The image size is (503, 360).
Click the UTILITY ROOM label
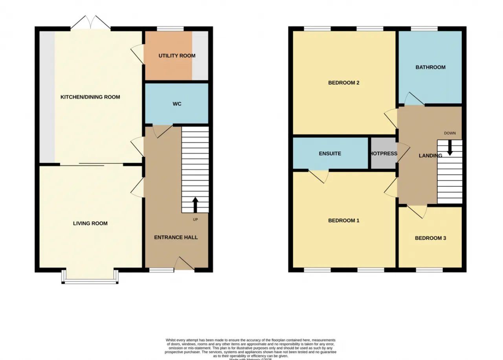[x=177, y=56]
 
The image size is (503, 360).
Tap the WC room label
[x=177, y=104]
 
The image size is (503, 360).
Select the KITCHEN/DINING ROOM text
[x=90, y=97]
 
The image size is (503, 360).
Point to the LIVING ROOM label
[x=90, y=224]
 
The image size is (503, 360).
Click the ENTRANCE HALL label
[x=176, y=237]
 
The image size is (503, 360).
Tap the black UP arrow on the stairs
[x=195, y=205]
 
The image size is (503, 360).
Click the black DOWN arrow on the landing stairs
[x=450, y=147]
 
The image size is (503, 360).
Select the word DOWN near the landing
[x=450, y=133]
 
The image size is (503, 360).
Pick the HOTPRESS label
[x=383, y=154]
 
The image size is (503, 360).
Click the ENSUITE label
[x=330, y=154]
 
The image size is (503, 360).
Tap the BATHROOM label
[x=430, y=67]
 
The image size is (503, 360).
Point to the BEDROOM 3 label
[x=430, y=238]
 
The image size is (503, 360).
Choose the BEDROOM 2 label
[x=344, y=83]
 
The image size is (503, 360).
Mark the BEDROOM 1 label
[x=344, y=221]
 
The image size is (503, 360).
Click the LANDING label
[x=430, y=156]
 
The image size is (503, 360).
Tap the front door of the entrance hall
[x=184, y=264]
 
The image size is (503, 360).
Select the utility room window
[x=170, y=29]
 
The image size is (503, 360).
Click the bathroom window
[x=424, y=29]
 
